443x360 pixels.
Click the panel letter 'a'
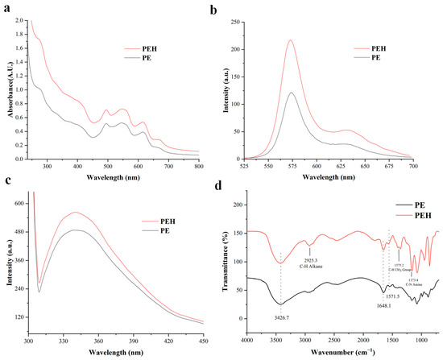coord(6,8)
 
